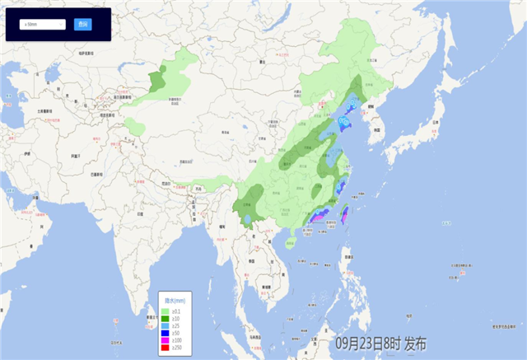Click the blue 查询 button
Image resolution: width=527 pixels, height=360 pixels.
[x=82, y=24]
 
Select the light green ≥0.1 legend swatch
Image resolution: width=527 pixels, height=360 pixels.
[x=166, y=311]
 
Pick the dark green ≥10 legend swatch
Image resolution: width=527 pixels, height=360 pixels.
[x=166, y=318]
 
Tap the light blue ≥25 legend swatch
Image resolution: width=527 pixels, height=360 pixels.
[x=166, y=325]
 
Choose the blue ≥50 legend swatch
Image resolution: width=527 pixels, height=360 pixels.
[x=166, y=333]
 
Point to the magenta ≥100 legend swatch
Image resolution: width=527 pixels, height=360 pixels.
[x=166, y=340]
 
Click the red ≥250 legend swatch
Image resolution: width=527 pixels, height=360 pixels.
[x=166, y=348]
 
